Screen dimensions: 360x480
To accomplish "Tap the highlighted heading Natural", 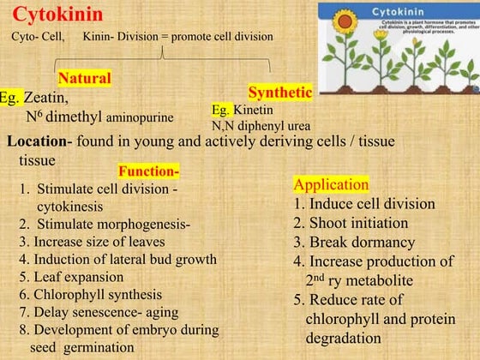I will pos(84,78).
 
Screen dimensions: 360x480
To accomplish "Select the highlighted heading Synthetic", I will pos(279,92).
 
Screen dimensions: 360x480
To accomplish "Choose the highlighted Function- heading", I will pos(148,171).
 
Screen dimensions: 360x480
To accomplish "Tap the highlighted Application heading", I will pos(331,184).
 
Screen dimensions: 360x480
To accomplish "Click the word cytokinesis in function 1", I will pos(69,206).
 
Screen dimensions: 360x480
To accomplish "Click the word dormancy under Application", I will pos(361,242).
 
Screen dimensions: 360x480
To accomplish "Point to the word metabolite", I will pos(391,280).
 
